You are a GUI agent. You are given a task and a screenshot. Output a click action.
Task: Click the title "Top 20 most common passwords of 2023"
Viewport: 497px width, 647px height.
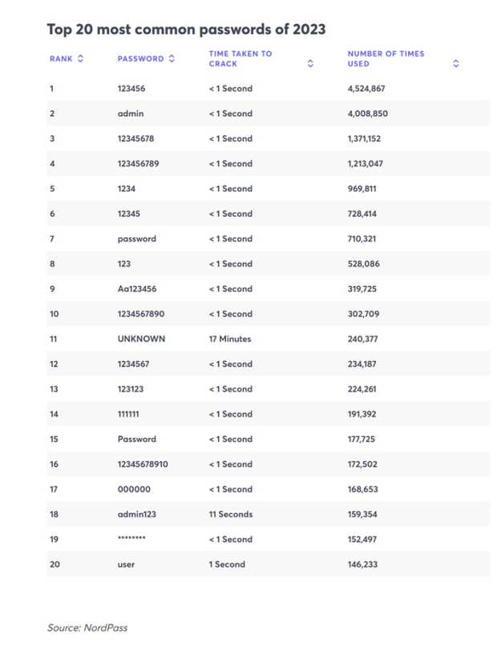pyautogui.click(x=186, y=30)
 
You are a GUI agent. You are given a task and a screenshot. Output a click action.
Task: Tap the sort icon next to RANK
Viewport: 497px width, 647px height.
pyautogui.click(x=80, y=58)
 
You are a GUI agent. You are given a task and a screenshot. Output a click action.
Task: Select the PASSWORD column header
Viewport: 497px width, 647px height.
pyautogui.click(x=140, y=58)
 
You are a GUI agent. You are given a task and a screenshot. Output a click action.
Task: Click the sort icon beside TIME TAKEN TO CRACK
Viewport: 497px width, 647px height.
pyautogui.click(x=310, y=63)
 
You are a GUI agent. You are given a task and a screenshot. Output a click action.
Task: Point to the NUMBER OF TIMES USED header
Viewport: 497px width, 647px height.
pyautogui.click(x=386, y=58)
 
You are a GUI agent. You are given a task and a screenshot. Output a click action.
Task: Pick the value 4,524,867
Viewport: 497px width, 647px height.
pyautogui.click(x=366, y=88)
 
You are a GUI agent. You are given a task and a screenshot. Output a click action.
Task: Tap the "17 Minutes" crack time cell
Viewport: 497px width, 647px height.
pyautogui.click(x=230, y=339)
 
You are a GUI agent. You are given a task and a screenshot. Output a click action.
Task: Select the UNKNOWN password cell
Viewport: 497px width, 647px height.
pyautogui.click(x=141, y=339)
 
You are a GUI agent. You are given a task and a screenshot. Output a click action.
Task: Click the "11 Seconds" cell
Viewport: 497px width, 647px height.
pyautogui.click(x=230, y=514)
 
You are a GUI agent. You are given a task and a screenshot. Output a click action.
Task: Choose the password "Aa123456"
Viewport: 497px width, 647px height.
pyautogui.click(x=138, y=289)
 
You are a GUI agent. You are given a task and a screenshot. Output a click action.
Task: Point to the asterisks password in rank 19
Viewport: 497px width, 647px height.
pyautogui.click(x=131, y=539)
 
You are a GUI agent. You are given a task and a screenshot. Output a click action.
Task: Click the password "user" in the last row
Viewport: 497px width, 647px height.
pyautogui.click(x=126, y=565)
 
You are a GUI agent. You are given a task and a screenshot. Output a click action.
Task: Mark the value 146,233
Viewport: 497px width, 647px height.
pyautogui.click(x=362, y=565)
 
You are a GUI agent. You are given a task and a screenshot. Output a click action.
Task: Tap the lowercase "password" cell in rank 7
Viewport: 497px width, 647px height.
pyautogui.click(x=136, y=239)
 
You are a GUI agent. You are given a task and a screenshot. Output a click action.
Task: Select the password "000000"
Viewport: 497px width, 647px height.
pyautogui.click(x=133, y=489)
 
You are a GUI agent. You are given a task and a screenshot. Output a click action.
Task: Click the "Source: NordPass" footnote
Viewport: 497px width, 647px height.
pyautogui.click(x=87, y=628)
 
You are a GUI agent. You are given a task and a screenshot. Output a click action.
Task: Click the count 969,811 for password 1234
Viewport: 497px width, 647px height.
pyautogui.click(x=362, y=189)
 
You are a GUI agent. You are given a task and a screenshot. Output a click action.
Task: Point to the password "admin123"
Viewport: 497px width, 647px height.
pyautogui.click(x=136, y=514)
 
